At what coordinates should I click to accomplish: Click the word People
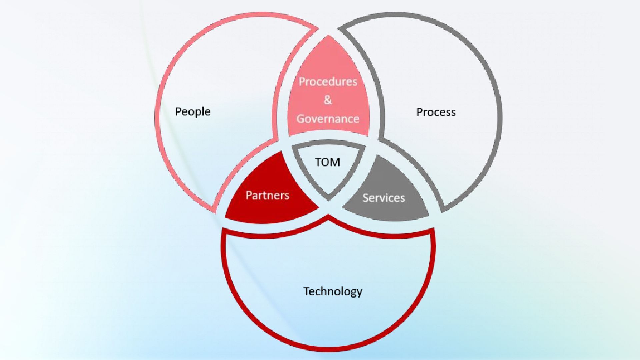pyautogui.click(x=193, y=112)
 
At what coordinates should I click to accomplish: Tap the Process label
pyautogui.click(x=436, y=112)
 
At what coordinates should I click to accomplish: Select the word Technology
pyautogui.click(x=333, y=291)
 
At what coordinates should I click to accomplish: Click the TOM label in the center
pyautogui.click(x=328, y=162)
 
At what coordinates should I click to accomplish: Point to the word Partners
pyautogui.click(x=267, y=195)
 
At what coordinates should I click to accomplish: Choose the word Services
pyautogui.click(x=384, y=198)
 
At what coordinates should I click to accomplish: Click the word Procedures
pyautogui.click(x=328, y=82)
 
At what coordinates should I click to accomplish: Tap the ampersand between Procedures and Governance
pyautogui.click(x=328, y=100)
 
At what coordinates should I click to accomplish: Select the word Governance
pyautogui.click(x=328, y=119)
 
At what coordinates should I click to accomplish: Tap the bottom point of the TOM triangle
pyautogui.click(x=328, y=199)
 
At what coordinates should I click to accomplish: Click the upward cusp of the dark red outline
pyautogui.click(x=328, y=217)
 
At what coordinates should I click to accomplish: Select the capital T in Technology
pyautogui.click(x=306, y=291)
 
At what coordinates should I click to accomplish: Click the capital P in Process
pyautogui.click(x=420, y=112)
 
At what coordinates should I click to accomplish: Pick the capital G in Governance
pyautogui.click(x=301, y=119)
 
